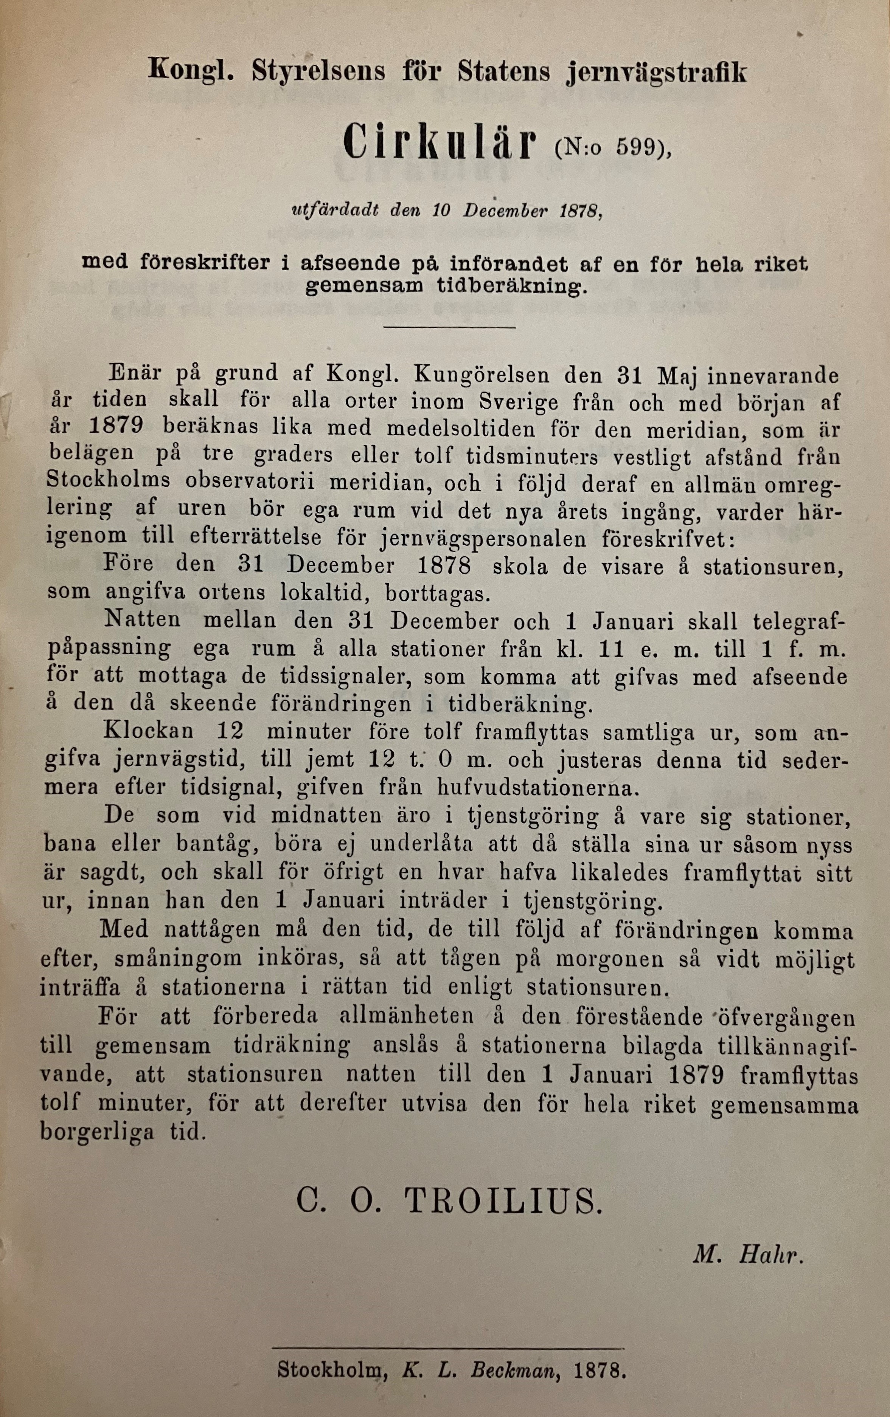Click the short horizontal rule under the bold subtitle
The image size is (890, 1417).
[x=449, y=327]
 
